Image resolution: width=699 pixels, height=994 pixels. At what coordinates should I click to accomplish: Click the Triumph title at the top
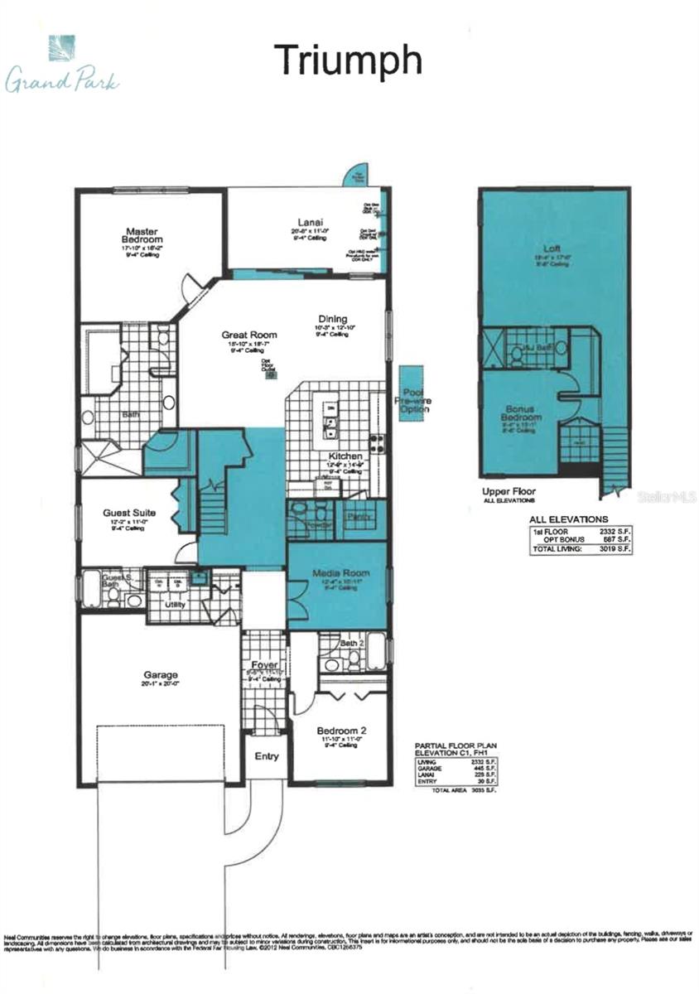click(x=349, y=60)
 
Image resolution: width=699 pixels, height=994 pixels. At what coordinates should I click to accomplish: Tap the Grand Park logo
click(x=62, y=66)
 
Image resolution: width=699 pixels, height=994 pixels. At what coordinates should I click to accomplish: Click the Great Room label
click(x=248, y=335)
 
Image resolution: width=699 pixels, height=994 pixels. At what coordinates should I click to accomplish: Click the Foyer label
click(x=265, y=664)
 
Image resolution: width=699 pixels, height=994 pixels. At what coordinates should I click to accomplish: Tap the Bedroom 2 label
click(x=341, y=731)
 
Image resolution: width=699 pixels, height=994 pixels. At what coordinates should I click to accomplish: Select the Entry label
click(x=267, y=756)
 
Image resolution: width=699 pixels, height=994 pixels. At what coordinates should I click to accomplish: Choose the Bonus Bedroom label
click(x=524, y=413)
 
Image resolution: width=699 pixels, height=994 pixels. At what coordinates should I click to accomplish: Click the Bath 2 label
click(x=352, y=643)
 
